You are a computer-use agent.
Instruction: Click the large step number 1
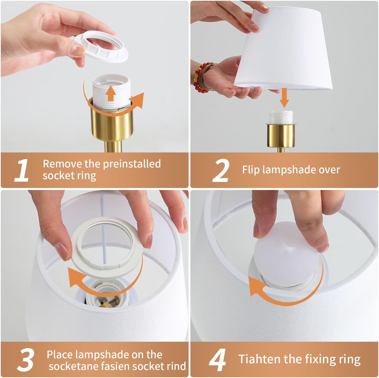pos(21,170)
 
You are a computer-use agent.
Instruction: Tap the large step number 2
pos(220,170)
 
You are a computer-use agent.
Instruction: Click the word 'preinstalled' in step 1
pos(132,164)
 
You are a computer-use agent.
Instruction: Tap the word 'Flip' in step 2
pos(251,169)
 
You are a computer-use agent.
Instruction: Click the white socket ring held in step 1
pos(102,47)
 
